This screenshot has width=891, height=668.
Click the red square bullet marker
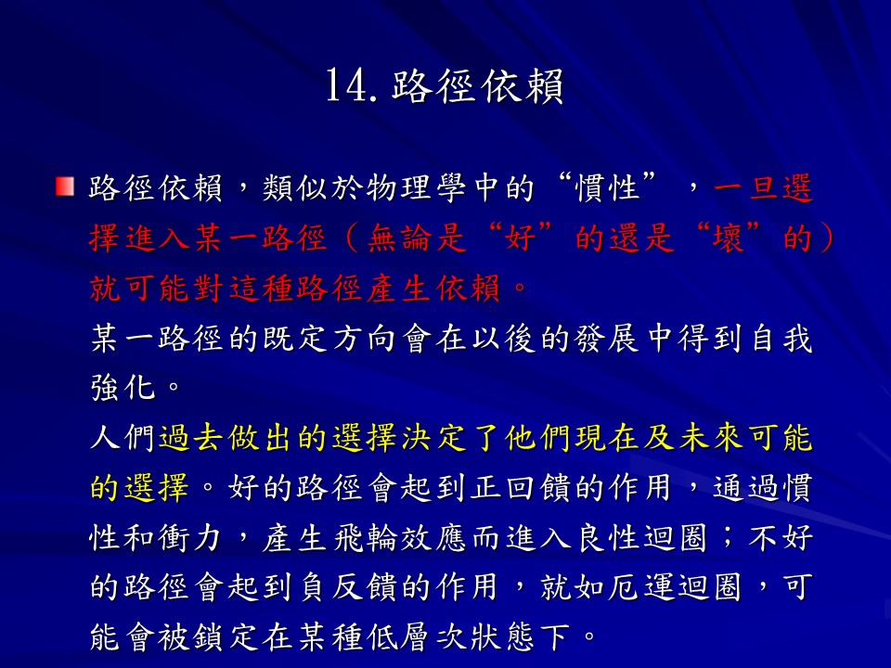tap(65, 186)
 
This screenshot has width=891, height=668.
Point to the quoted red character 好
tap(521, 238)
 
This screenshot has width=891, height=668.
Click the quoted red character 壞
tap(728, 238)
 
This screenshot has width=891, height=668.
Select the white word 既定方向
tap(329, 340)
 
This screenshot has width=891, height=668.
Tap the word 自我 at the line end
tap(781, 340)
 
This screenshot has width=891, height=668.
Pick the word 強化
tap(123, 389)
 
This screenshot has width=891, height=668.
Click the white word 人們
tap(123, 439)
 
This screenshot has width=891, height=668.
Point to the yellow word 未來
tap(711, 439)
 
